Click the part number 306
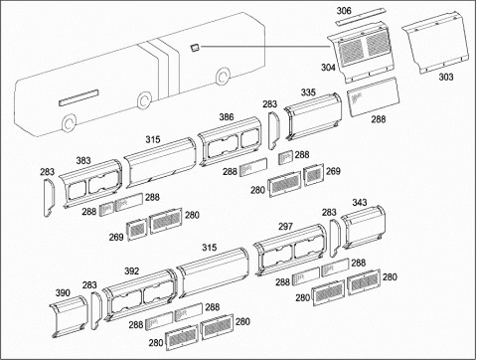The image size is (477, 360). (x=344, y=11)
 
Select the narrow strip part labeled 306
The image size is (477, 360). (x=360, y=17)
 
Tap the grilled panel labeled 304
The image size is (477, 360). (x=363, y=52)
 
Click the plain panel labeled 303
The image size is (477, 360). (x=436, y=42)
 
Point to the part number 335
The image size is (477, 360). (x=308, y=92)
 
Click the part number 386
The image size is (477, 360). (x=227, y=117)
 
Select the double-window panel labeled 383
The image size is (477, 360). (x=90, y=184)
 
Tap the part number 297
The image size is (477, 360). (x=285, y=227)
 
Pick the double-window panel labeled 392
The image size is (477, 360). (x=140, y=295)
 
